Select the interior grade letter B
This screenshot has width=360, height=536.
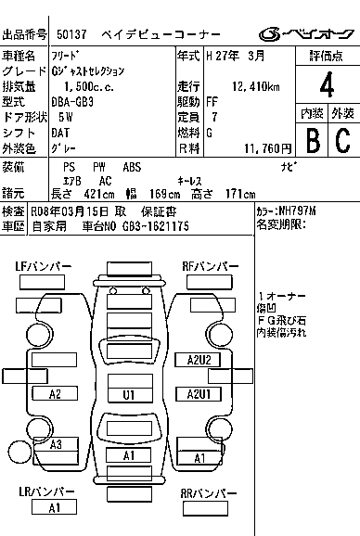(312, 139)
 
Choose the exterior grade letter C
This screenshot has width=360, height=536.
(342, 139)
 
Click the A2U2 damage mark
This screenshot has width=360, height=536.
(199, 359)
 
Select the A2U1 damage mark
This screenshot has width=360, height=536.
(199, 394)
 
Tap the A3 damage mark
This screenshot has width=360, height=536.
(56, 444)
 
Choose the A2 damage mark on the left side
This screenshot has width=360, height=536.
(56, 394)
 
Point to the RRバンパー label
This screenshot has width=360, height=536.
(210, 492)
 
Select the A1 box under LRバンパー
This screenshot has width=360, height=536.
(55, 507)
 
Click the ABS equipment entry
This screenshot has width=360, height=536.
(132, 166)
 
